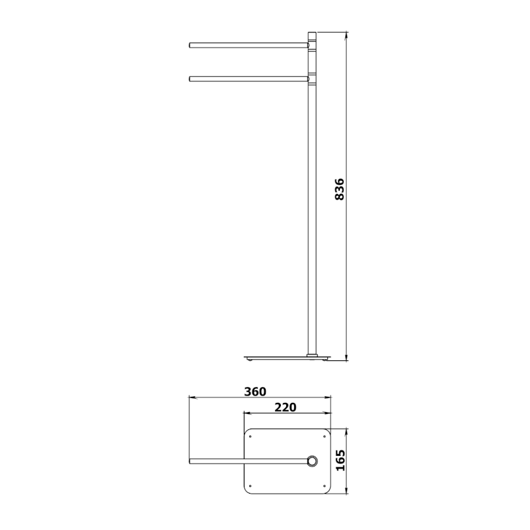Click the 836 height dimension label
click(x=339, y=189)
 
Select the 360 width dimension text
click(x=255, y=392)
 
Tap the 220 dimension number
click(x=286, y=407)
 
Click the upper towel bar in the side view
click(x=249, y=45)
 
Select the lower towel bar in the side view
click(x=249, y=79)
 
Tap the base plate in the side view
click(x=287, y=358)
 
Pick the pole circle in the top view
click(x=312, y=461)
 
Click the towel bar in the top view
click(x=248, y=461)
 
